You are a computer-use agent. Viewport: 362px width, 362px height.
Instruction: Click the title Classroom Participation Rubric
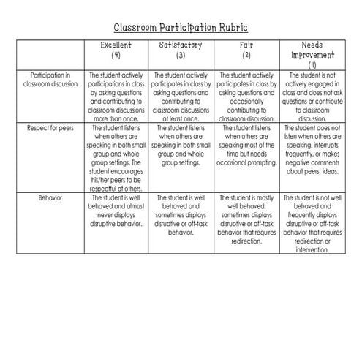(181, 28)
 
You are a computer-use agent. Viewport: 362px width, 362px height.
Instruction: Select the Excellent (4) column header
(116, 50)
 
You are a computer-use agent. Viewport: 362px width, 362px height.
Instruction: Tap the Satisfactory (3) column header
(181, 50)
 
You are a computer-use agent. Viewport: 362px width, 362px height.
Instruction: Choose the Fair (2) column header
(246, 50)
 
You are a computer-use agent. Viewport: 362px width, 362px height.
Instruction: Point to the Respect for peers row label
(50, 127)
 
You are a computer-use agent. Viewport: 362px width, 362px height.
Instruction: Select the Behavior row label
(50, 197)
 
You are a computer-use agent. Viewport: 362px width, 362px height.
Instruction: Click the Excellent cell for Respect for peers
(116, 156)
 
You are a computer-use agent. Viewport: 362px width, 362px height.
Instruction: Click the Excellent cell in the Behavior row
(116, 209)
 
